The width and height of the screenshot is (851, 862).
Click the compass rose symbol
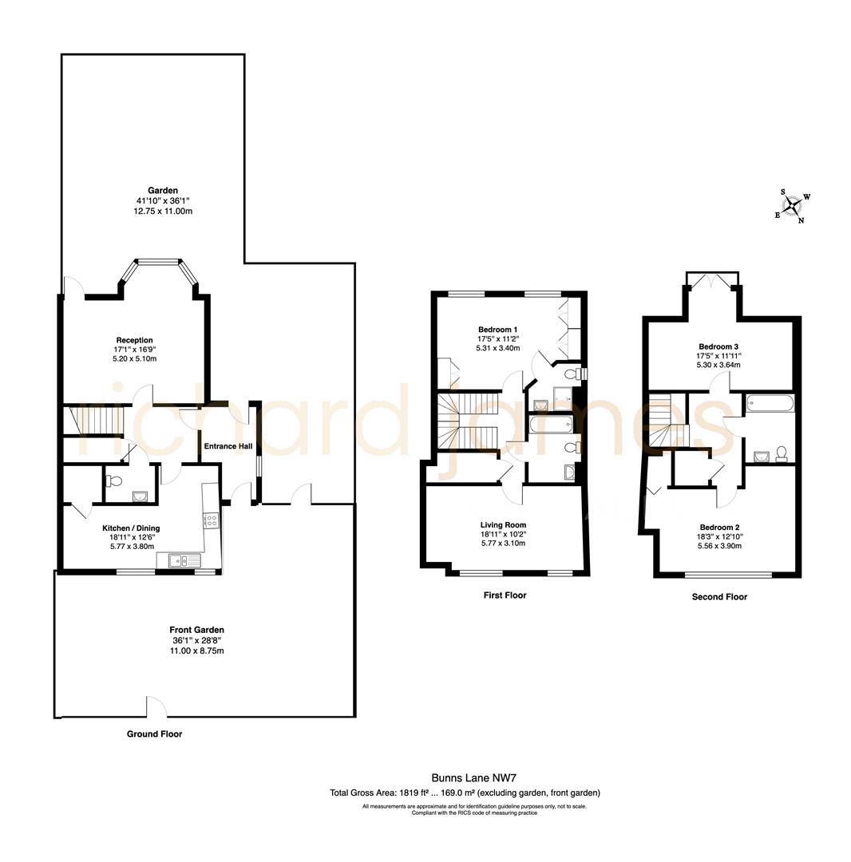coord(792,207)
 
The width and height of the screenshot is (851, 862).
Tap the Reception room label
coord(134,340)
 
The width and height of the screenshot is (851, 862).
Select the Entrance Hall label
coord(228,446)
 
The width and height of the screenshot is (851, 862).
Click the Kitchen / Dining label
coord(131,528)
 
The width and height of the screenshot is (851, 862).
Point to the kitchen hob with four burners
coord(212,520)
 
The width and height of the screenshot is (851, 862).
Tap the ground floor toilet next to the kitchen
coord(113,481)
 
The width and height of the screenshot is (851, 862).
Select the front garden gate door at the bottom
coord(156,707)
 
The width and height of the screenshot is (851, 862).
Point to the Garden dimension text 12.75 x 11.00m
coord(163,212)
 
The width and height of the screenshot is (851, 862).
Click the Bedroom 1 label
coord(498,330)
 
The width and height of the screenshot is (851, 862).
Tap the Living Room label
coord(504,524)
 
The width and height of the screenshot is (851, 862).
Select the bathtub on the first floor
coord(548,424)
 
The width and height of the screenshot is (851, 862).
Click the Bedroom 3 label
coord(718,346)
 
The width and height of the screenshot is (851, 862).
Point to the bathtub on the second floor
coord(770,403)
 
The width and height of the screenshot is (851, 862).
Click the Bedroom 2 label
coord(719,527)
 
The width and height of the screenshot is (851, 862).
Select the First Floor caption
coord(505,595)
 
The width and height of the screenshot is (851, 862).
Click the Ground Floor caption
coord(154,734)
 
